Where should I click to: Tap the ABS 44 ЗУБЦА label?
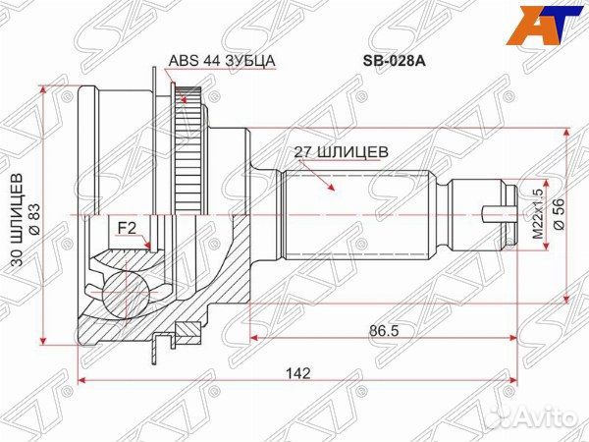222,60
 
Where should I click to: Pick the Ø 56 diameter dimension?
560,212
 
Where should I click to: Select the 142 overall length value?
298,373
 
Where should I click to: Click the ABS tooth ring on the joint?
189,147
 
